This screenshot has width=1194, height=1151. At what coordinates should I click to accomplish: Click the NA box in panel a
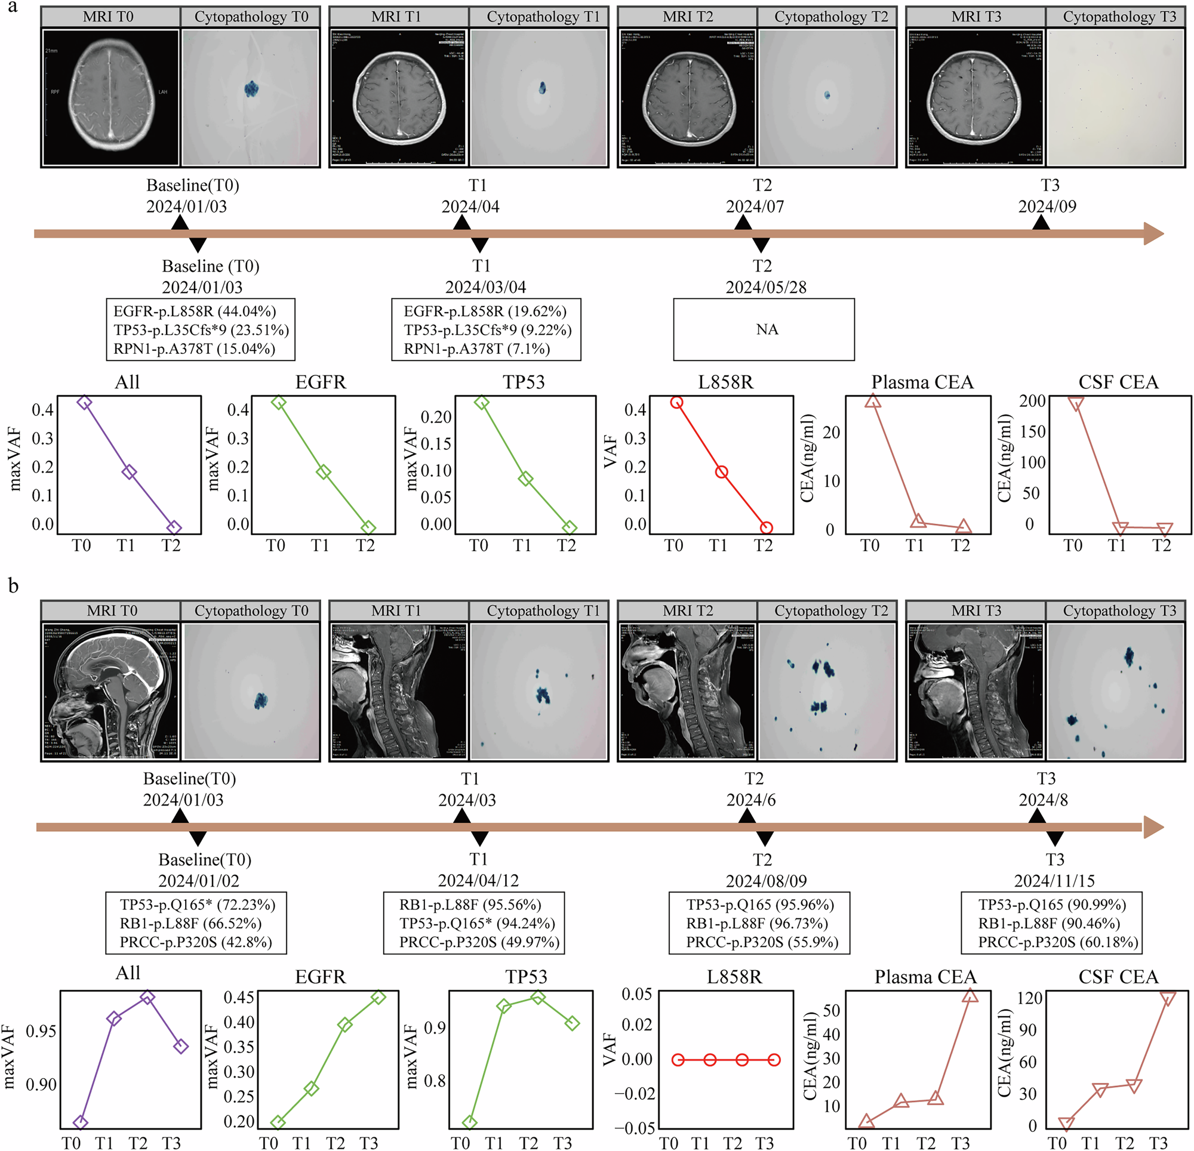pos(764,329)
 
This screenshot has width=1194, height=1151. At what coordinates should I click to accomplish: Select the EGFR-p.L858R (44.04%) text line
pos(195,311)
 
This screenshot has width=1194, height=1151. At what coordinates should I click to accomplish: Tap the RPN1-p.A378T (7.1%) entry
pos(477,349)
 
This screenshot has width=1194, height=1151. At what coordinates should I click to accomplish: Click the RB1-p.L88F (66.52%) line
pos(190,923)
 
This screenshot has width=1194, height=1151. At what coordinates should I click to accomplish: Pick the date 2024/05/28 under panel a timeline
pos(766,287)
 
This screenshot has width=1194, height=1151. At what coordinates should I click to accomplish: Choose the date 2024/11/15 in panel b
pos(1054,881)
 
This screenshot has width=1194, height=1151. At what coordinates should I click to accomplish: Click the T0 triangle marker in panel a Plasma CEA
pos(873,401)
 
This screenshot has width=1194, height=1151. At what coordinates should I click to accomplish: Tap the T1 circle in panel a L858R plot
pos(721,472)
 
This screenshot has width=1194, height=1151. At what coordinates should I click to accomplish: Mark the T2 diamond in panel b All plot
pos(147,998)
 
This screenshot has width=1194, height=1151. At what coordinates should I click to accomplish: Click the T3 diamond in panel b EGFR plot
pos(378,998)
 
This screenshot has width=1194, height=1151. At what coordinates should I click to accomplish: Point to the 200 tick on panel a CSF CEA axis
pos(1033,401)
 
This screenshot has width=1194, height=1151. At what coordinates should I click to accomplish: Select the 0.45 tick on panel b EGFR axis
pos(239,998)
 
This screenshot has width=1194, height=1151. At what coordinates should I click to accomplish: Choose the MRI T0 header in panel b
pos(112,610)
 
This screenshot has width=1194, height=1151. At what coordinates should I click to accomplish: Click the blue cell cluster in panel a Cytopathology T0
pos(251,90)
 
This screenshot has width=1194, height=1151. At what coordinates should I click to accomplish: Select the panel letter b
pos(13,586)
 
